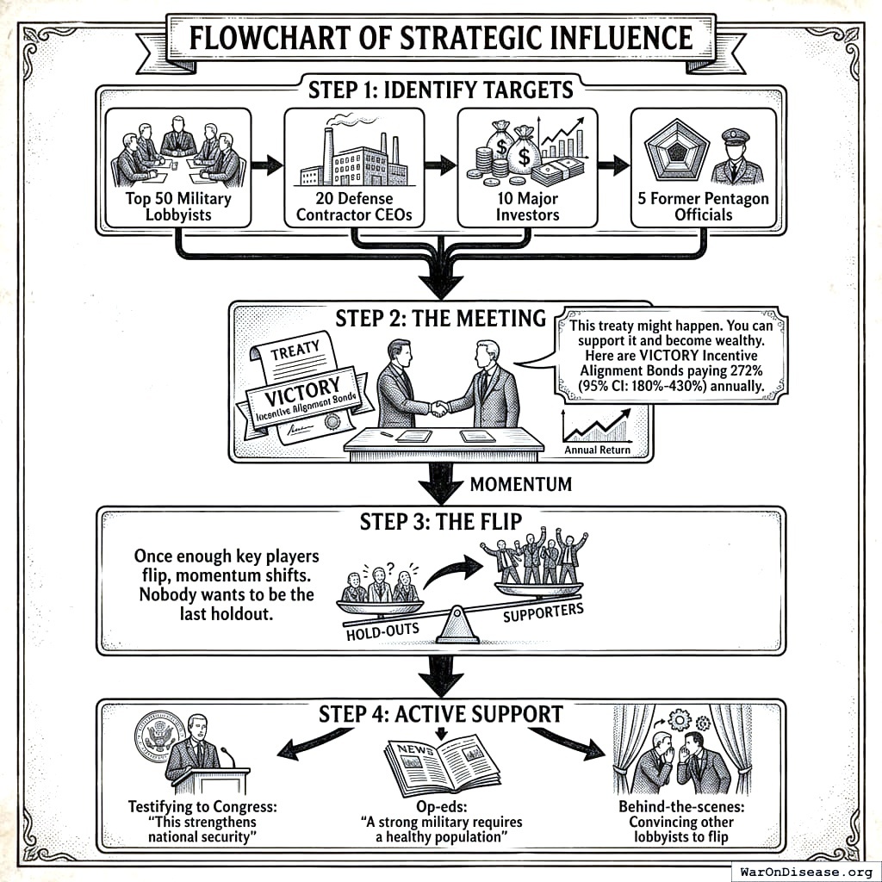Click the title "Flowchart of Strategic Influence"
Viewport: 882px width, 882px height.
point(440,39)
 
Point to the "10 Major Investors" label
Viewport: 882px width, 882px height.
point(526,208)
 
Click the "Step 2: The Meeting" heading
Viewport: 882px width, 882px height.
point(440,319)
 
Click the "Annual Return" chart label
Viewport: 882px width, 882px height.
point(597,450)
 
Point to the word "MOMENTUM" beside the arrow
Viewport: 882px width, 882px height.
point(520,484)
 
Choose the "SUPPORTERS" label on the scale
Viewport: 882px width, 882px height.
point(543,614)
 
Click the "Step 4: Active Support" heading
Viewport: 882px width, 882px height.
point(440,714)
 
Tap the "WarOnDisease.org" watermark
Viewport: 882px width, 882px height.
point(805,870)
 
